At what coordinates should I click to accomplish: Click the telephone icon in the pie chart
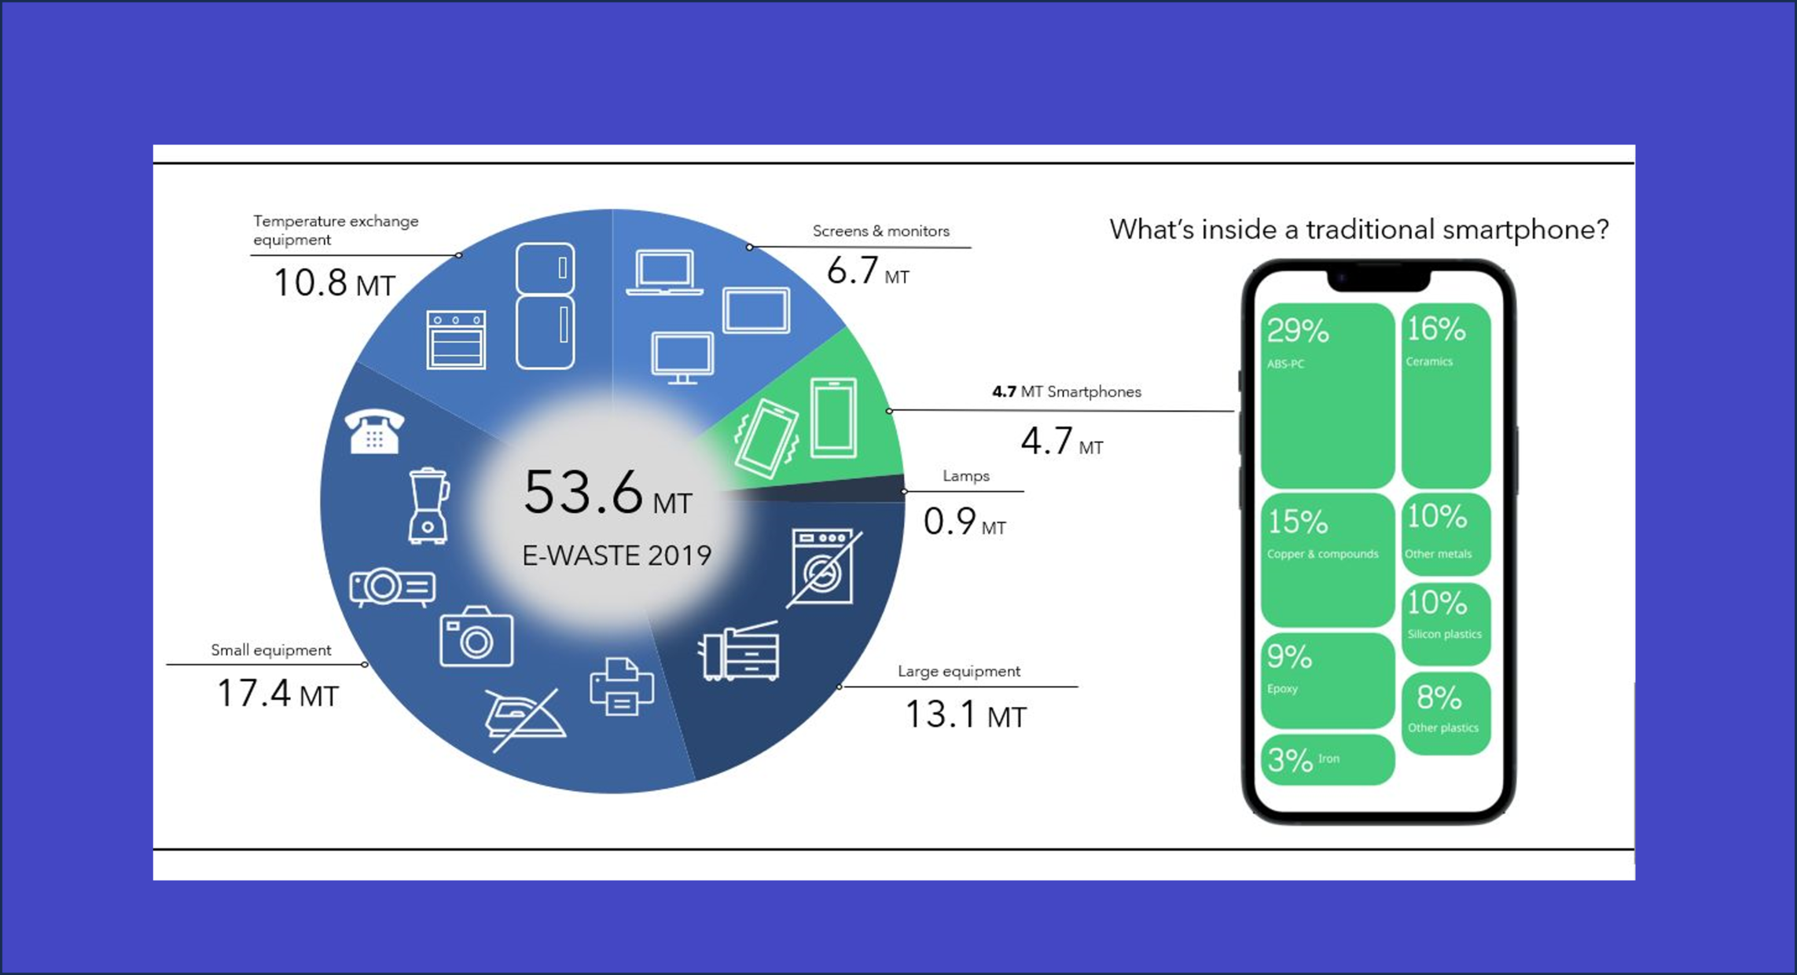(x=374, y=431)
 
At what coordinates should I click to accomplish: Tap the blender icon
(x=428, y=506)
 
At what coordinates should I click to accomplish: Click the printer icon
(x=621, y=687)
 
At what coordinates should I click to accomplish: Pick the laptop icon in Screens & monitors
(x=665, y=273)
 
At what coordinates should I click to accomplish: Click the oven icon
(x=456, y=339)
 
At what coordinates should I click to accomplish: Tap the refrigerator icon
(x=545, y=306)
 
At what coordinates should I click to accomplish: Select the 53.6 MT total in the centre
(x=608, y=493)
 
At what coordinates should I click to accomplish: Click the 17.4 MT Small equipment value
(x=277, y=694)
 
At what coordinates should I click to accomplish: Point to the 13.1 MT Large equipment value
(x=965, y=715)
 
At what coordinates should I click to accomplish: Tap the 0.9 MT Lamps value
(x=965, y=522)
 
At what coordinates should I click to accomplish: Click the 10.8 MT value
(x=334, y=283)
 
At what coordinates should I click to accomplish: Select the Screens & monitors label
(x=880, y=231)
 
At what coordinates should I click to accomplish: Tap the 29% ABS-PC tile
(x=1328, y=395)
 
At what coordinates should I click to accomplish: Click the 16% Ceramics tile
(x=1446, y=395)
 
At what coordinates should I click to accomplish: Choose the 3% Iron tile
(x=1328, y=759)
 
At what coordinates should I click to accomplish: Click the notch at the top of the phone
(x=1379, y=279)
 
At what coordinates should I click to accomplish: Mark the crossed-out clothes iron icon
(x=524, y=720)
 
